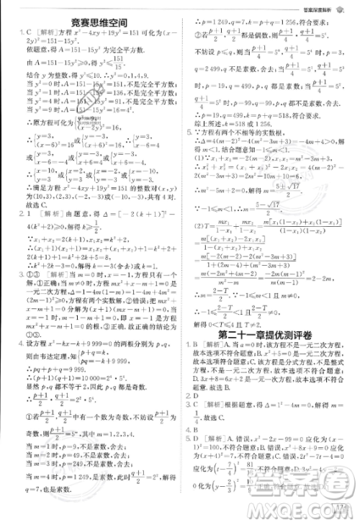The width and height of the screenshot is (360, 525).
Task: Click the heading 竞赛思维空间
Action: tap(91, 24)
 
